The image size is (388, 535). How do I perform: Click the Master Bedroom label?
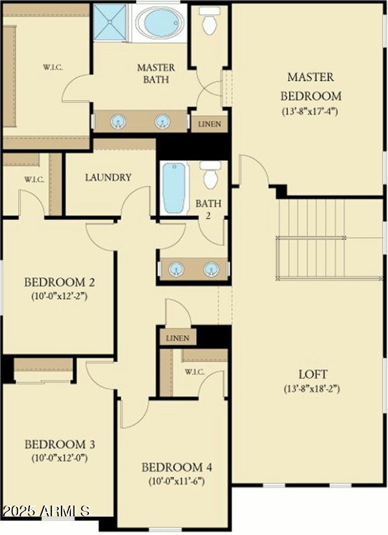310,86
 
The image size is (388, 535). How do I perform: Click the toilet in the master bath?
209,21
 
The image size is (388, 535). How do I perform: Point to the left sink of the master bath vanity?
118,121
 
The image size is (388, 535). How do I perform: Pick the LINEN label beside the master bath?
210,124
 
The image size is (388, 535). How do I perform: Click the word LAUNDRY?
108,178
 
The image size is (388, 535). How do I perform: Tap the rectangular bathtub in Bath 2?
175,188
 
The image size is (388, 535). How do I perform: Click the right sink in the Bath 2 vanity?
211,269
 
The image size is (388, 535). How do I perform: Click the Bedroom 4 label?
173,467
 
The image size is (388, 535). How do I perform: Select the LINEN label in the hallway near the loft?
177,338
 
